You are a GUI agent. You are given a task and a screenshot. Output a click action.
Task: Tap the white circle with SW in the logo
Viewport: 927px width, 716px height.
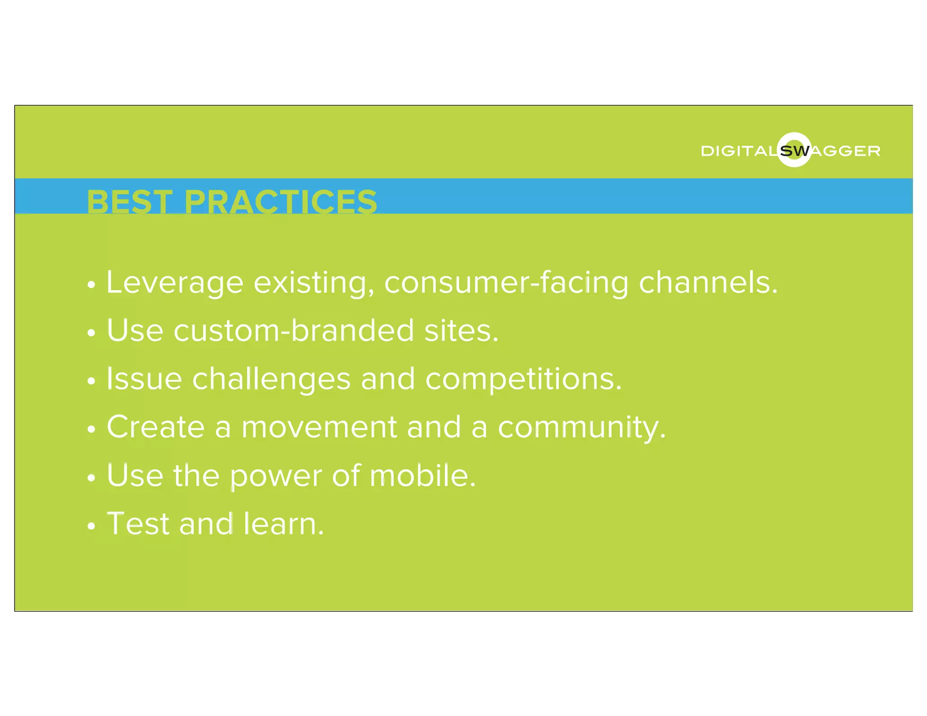794,150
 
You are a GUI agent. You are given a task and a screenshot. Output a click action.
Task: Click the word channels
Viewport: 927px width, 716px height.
708,282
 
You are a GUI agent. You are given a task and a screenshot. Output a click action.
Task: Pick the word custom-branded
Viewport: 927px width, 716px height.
294,330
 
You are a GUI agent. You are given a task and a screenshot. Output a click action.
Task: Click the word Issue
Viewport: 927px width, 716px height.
144,379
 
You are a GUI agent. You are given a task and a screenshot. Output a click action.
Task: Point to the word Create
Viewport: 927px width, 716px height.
156,427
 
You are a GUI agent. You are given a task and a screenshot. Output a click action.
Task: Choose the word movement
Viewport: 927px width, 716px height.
319,428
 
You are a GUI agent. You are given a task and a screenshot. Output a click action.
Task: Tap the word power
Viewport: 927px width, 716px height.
275,477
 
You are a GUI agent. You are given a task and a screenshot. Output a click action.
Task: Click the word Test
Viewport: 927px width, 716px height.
138,524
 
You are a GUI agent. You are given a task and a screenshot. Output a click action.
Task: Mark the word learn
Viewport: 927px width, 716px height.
283,524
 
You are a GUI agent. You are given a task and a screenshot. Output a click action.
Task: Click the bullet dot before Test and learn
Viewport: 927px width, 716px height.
91,526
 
